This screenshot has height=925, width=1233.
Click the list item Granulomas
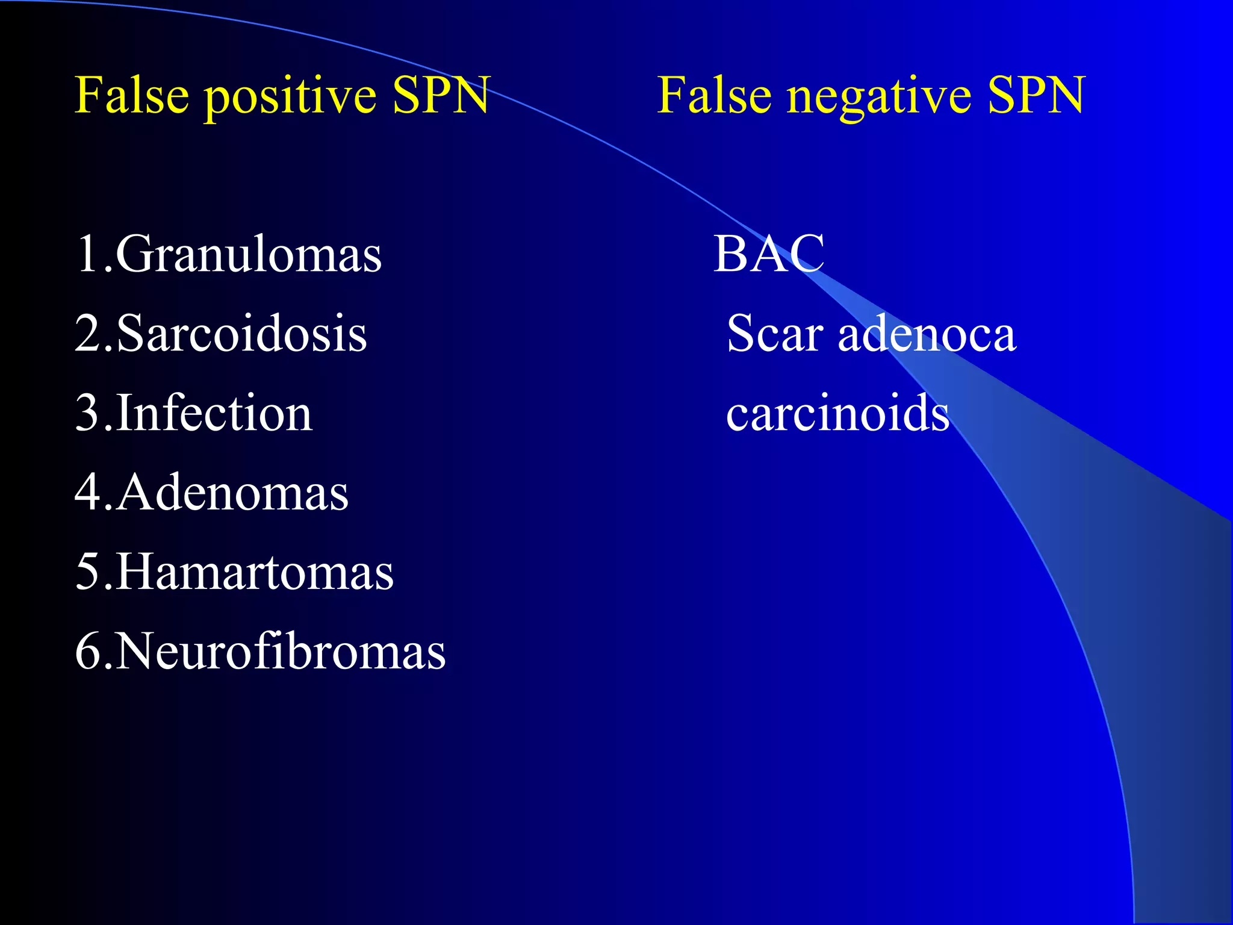(248, 255)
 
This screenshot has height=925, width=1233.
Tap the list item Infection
(214, 413)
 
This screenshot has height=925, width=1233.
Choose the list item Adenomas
(232, 493)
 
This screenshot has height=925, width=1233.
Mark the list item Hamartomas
(254, 572)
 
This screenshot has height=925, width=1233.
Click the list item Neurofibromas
(280, 651)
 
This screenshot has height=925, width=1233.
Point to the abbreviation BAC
(769, 254)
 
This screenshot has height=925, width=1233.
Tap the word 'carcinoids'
(837, 413)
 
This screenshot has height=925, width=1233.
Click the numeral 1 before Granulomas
(87, 255)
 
